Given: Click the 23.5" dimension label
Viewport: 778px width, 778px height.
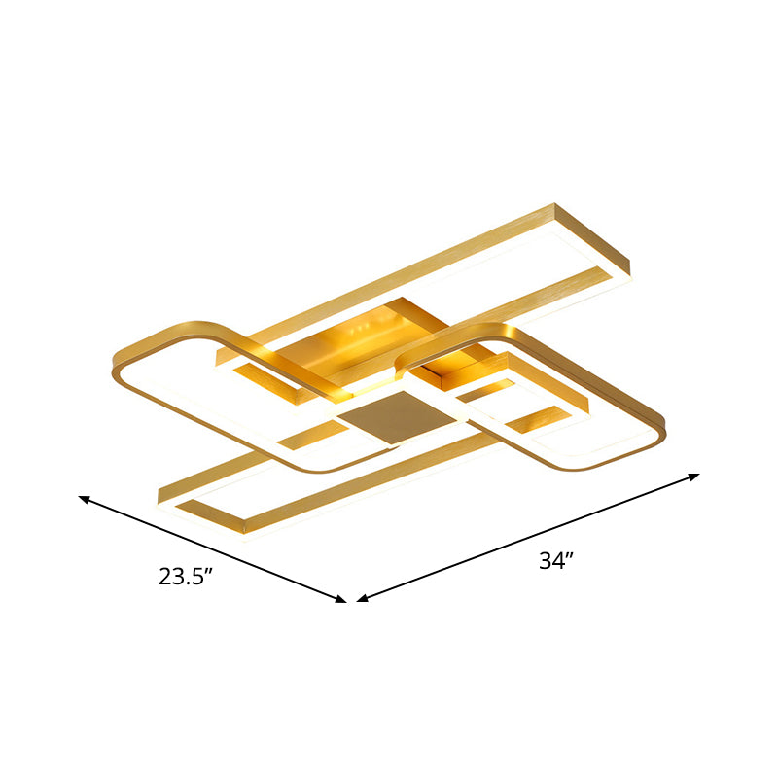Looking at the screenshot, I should tap(186, 577).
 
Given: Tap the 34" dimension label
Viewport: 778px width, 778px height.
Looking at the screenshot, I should tap(556, 561).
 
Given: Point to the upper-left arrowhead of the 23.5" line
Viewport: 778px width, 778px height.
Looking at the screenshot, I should tap(83, 499).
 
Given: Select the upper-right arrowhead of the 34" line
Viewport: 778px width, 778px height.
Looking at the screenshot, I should tap(694, 476).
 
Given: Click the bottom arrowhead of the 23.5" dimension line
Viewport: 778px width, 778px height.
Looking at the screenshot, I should tap(342, 600).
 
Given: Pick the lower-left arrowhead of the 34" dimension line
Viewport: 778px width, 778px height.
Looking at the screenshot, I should tap(361, 599).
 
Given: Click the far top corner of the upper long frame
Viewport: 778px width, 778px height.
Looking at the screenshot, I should tap(556, 205).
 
